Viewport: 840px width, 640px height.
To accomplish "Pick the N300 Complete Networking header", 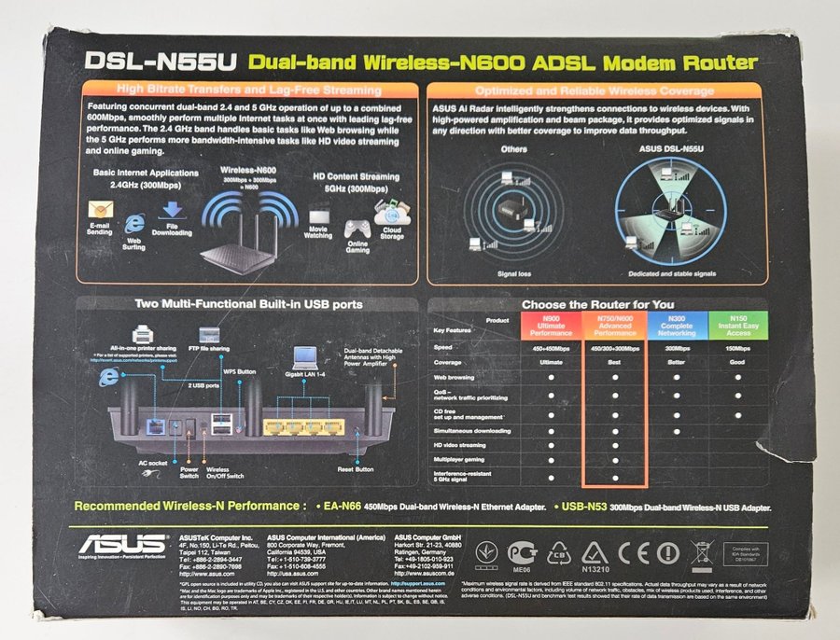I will (x=677, y=327).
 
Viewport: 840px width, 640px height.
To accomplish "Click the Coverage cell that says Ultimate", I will (x=550, y=363).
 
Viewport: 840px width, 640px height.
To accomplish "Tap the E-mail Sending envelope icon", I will (x=100, y=211).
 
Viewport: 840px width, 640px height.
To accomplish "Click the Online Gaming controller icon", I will (x=357, y=228).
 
